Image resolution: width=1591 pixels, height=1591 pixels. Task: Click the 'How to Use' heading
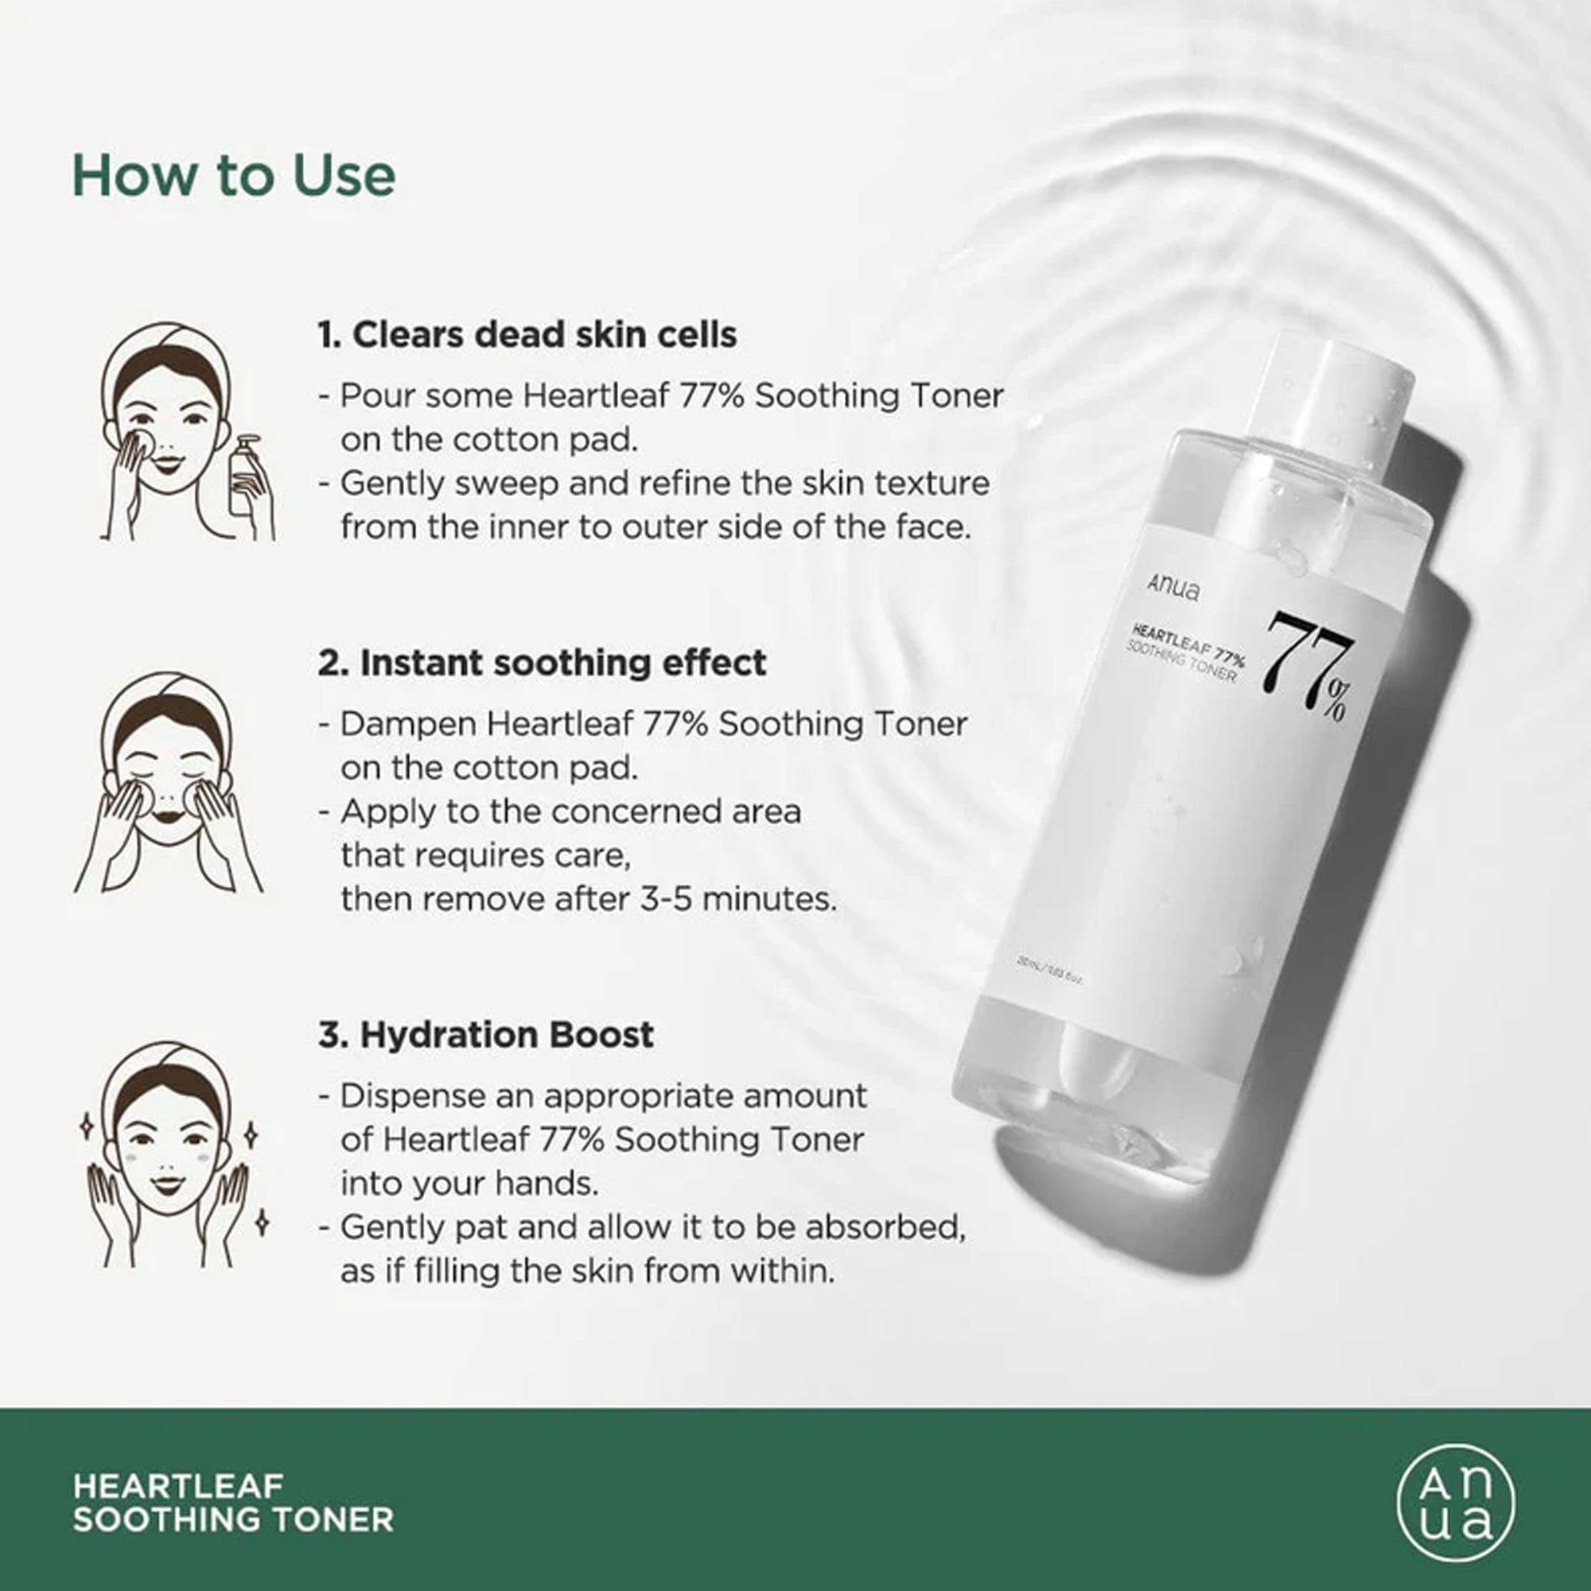(x=234, y=175)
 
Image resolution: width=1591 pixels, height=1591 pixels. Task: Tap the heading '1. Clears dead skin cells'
(x=527, y=335)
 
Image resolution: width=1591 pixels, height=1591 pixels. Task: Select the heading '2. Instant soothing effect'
(x=542, y=663)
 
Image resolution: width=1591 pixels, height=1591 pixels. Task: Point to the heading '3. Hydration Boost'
(x=486, y=1035)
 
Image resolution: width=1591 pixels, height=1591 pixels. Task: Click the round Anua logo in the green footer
(x=1456, y=1503)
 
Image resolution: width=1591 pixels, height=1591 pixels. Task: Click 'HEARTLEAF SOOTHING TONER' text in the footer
(x=233, y=1503)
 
